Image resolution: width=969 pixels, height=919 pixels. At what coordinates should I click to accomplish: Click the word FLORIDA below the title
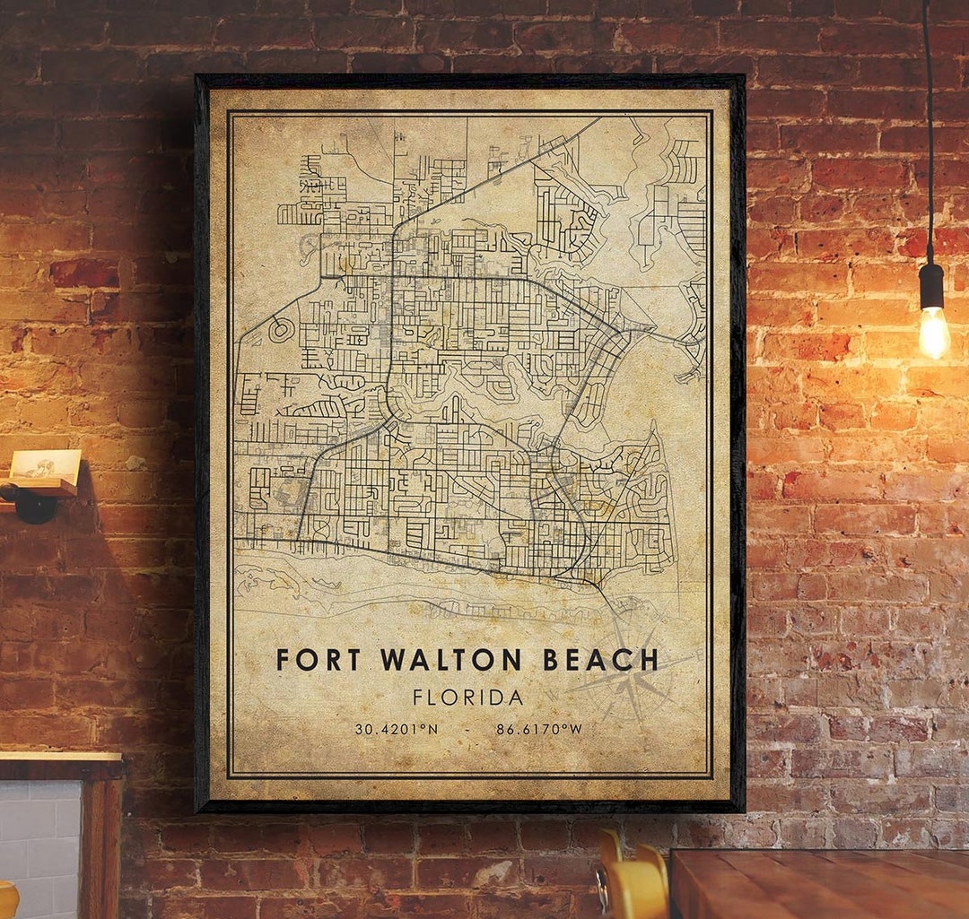467,697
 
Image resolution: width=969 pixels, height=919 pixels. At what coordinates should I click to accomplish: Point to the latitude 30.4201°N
397,729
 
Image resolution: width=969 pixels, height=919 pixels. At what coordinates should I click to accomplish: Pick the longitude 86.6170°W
539,729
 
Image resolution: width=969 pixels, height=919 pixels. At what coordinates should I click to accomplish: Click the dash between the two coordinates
467,729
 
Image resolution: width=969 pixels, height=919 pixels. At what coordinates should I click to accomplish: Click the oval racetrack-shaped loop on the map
281,329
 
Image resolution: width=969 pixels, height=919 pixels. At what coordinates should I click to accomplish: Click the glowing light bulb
933,332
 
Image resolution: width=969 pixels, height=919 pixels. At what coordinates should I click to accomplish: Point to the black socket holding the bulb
931,286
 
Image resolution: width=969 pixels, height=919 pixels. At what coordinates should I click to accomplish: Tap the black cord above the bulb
928,134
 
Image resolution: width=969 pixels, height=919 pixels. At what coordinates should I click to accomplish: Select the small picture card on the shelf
45,464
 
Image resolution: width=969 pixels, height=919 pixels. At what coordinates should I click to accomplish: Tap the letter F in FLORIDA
419,697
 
